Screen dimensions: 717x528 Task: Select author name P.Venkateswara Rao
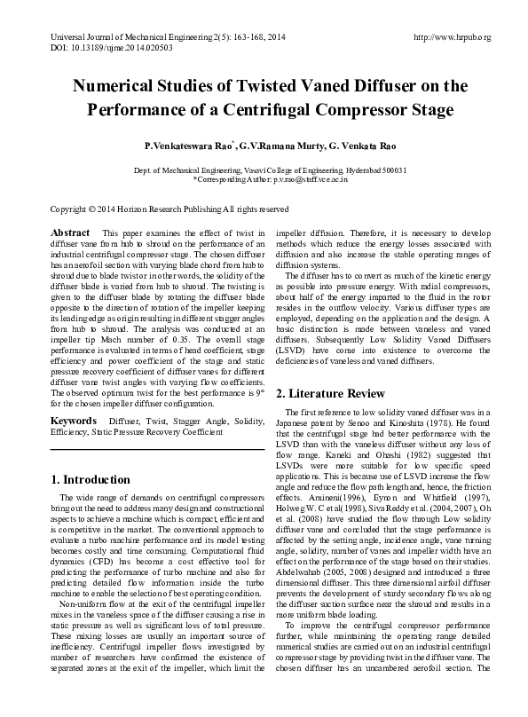pyautogui.click(x=183, y=145)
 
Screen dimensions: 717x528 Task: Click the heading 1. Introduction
pyautogui.click(x=91, y=480)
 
